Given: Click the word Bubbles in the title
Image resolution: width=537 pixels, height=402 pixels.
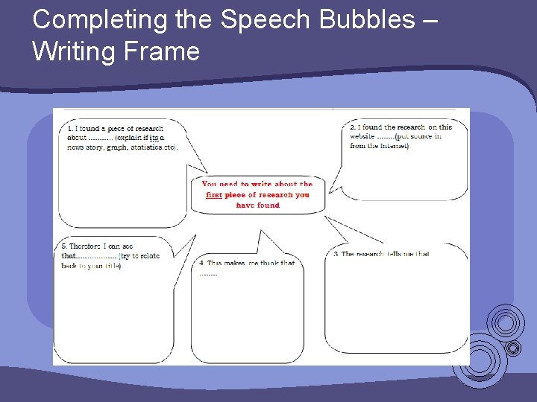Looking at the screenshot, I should coord(368,20).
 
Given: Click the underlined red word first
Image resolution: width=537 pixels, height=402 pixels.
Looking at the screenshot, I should coord(214,195).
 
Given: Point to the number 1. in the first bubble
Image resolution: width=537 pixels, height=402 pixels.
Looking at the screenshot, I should coord(70,128).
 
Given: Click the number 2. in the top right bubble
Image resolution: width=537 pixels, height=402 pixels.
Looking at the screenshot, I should coord(354,127).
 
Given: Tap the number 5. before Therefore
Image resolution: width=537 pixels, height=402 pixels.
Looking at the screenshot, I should coord(65,246).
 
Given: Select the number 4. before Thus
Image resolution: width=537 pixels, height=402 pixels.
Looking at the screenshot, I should coord(202,263).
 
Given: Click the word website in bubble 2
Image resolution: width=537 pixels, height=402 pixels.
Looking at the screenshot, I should coord(362,137).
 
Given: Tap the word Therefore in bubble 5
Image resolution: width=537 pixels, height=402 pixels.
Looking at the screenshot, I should coord(85,246).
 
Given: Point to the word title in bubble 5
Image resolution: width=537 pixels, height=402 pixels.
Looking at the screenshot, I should coord(112,266).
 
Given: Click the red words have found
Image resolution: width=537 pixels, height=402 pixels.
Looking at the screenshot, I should coord(257,205).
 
